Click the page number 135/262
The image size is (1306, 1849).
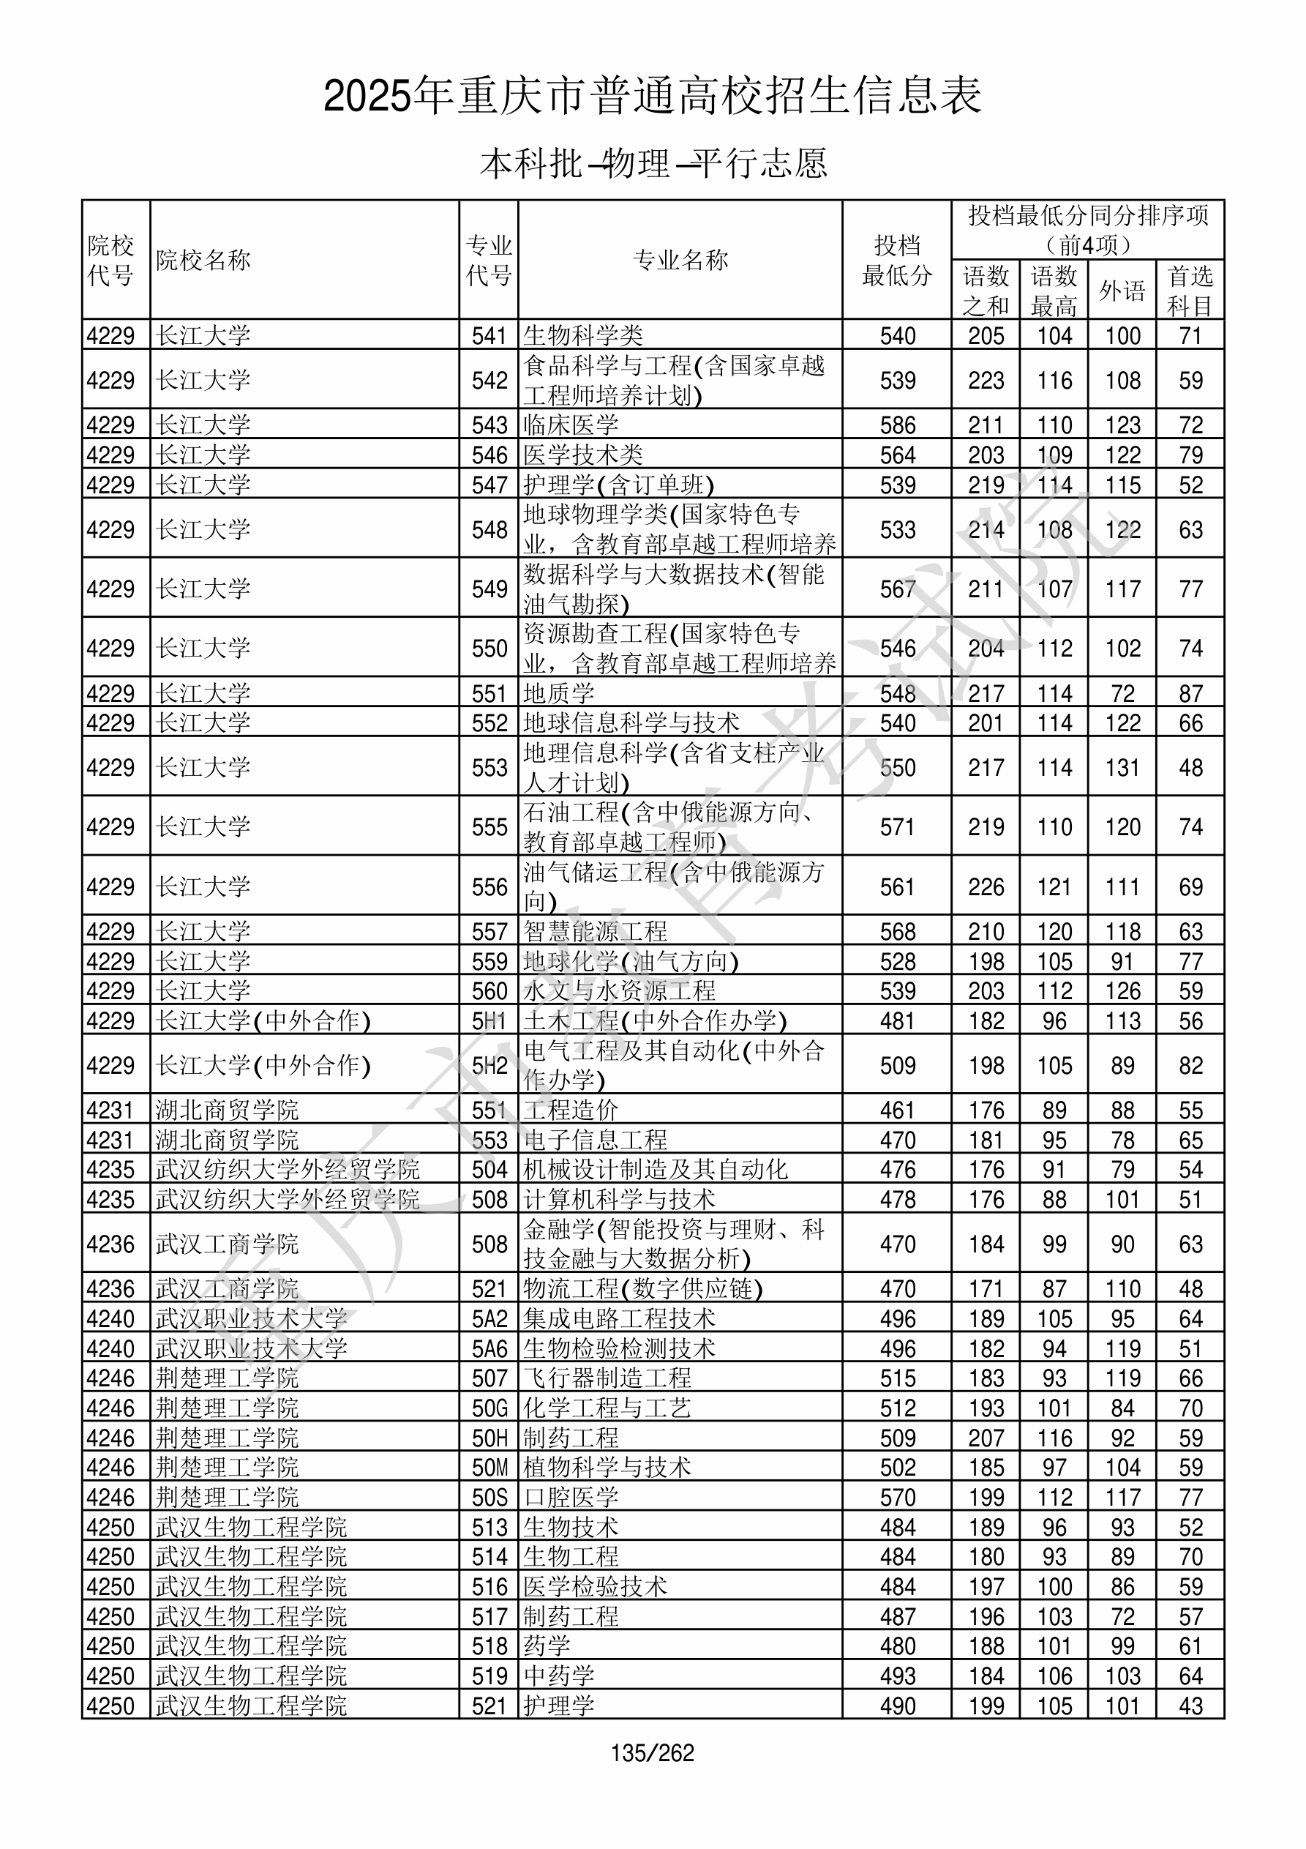(x=652, y=1752)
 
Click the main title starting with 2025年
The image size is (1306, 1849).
(x=652, y=96)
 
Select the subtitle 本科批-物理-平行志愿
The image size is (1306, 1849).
(x=653, y=163)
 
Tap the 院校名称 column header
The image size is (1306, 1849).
(x=203, y=260)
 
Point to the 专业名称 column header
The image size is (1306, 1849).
(x=680, y=260)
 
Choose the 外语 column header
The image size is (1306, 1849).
(x=1122, y=290)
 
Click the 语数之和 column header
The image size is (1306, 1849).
(x=986, y=290)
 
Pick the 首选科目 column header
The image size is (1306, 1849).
(x=1190, y=290)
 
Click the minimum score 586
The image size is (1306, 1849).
(x=897, y=425)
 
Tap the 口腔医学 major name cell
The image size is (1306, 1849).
(x=571, y=1497)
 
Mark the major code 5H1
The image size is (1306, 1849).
(x=489, y=1021)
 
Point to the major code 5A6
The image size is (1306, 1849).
(x=489, y=1348)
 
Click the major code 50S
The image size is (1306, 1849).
(x=489, y=1497)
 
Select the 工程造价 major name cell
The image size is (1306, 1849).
(x=571, y=1110)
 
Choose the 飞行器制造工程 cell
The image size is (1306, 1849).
(x=607, y=1378)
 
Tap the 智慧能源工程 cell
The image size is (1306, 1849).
(x=595, y=932)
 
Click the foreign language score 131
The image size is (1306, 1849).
(x=1122, y=767)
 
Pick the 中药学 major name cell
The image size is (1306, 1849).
(x=559, y=1676)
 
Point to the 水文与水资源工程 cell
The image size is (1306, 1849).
(x=619, y=991)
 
